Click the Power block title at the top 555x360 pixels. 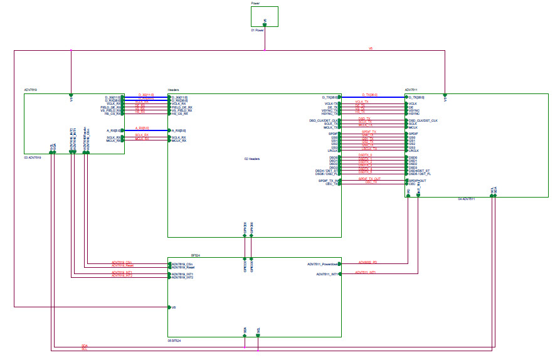tap(255, 3)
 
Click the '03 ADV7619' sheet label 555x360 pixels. tap(32, 157)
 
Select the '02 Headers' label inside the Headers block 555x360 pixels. tap(251, 159)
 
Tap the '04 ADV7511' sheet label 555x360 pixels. tap(466, 199)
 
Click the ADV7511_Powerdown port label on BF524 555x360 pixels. tap(324, 264)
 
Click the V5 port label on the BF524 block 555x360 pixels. tap(174, 307)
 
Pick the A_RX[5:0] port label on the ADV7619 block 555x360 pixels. tap(113, 130)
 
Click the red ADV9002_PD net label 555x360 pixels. tap(367, 262)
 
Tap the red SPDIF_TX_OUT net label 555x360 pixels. tap(369, 179)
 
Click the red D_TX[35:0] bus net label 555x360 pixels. tap(372, 95)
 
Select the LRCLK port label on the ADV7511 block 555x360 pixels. tap(413, 151)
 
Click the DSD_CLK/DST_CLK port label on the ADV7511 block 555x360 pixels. tap(423, 120)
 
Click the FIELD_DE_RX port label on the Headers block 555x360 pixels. tap(182, 108)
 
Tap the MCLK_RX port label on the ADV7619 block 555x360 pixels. tap(114, 140)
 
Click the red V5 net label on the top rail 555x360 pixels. tap(371, 48)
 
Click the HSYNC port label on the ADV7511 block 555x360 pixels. tap(414, 114)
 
